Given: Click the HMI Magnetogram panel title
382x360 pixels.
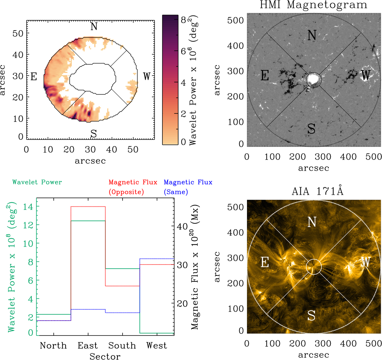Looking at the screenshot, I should point(313,5).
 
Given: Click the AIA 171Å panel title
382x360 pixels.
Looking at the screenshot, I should point(313,191).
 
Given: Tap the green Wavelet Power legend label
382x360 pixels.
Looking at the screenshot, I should point(37,182).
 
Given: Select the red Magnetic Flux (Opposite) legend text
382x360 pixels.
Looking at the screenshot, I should point(133,187).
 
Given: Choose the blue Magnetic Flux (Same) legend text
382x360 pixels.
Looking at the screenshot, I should point(188,187).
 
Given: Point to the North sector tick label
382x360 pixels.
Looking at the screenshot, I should point(53,345).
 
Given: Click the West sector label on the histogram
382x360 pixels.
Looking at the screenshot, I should point(156,345).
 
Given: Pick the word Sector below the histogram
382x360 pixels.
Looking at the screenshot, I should point(105,357).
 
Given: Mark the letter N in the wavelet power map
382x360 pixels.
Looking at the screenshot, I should point(94,27).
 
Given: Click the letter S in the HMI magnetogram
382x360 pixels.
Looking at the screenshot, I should point(311,129).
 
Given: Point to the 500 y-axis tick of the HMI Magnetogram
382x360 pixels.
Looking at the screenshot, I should point(236,20).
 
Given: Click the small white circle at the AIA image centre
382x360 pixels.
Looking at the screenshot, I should point(314,266).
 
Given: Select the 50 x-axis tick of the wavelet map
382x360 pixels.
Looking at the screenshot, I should point(133,149).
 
